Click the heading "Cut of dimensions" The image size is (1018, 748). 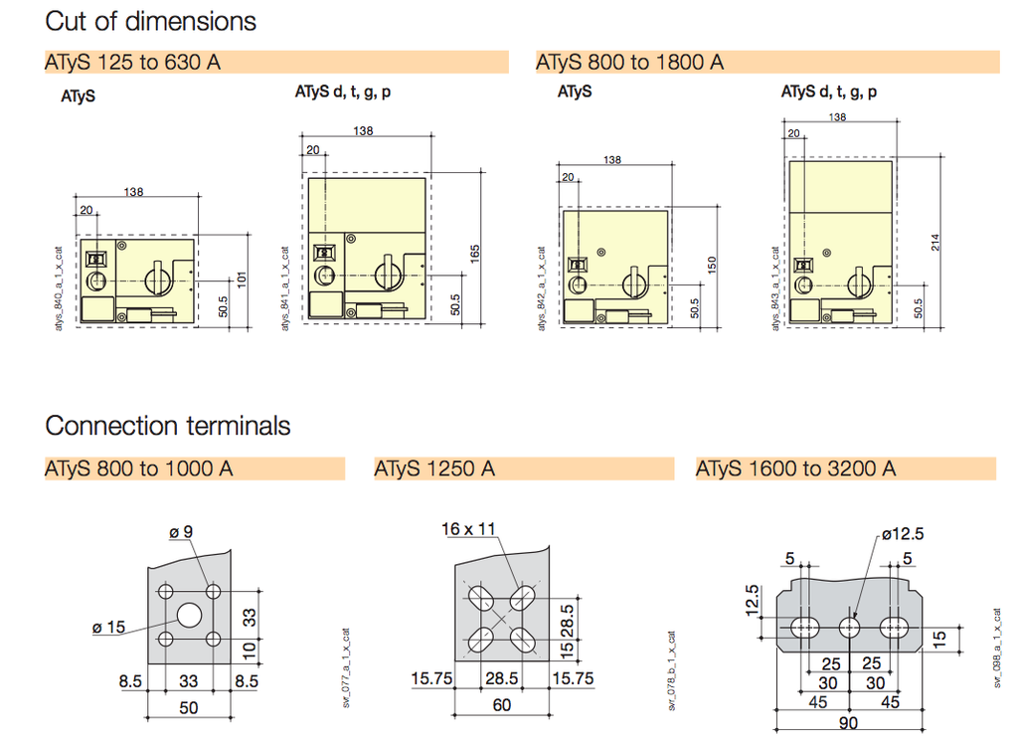click(x=150, y=21)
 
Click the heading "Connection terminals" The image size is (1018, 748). click(x=168, y=426)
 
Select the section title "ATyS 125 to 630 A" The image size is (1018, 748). click(x=132, y=63)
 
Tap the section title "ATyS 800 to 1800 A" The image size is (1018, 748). click(x=629, y=63)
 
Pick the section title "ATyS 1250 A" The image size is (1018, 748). click(x=434, y=468)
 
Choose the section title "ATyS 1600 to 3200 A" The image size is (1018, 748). click(x=795, y=468)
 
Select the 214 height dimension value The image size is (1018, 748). click(x=935, y=242)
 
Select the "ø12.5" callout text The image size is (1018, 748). click(x=902, y=534)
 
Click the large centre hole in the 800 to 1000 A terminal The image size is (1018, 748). click(x=189, y=615)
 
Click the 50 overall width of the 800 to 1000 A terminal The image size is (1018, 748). click(x=189, y=707)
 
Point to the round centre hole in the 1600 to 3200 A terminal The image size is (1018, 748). click(x=850, y=627)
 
